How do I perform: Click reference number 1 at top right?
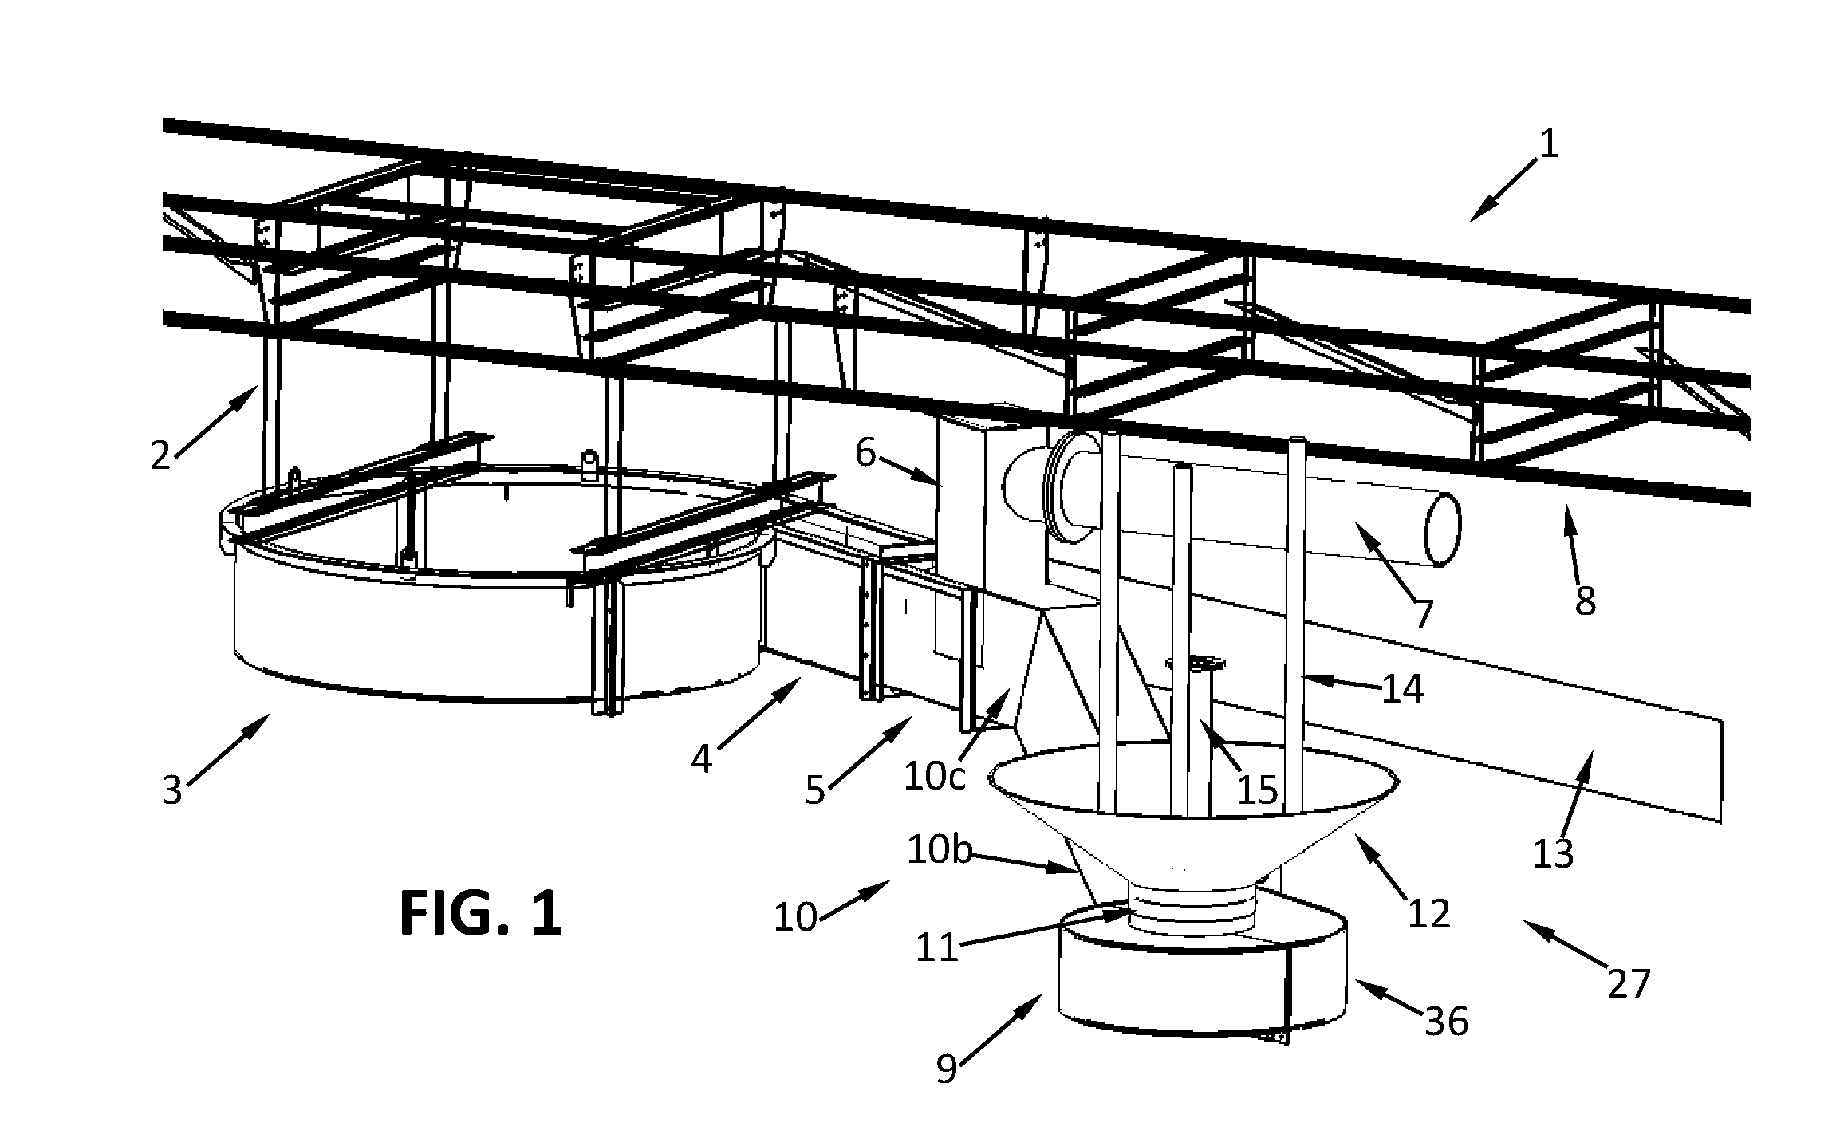[1547, 144]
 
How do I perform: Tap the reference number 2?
[162, 455]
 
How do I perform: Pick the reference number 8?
[1585, 600]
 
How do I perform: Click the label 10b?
[940, 851]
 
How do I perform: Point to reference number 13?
[1553, 853]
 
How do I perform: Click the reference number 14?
[1402, 688]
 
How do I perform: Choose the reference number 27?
[1628, 984]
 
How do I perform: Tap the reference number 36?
[1447, 1021]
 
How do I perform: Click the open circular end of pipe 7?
[1443, 530]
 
